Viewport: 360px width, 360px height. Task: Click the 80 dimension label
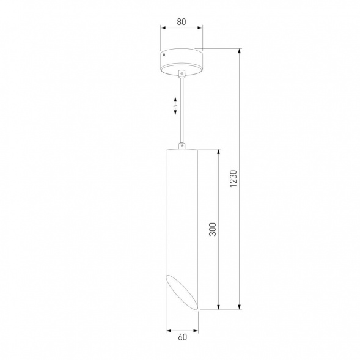pos(182,22)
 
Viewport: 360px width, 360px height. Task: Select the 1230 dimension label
pos(233,178)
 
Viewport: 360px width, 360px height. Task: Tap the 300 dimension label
pos(213,229)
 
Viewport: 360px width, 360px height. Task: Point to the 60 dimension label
pos(183,337)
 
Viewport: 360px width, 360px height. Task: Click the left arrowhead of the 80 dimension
pos(163,28)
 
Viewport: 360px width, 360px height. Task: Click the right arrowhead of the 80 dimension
pos(200,28)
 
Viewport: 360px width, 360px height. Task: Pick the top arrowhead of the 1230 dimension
pos(240,51)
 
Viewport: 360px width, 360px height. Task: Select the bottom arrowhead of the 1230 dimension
pos(240,307)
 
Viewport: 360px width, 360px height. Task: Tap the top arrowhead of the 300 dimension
pos(219,152)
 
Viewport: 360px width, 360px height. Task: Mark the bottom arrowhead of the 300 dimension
pos(219,307)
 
